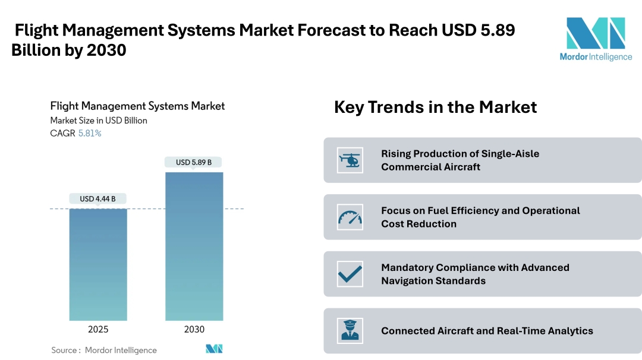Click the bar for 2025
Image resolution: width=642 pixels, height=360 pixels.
(98, 264)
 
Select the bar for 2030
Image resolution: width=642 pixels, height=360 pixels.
(194, 247)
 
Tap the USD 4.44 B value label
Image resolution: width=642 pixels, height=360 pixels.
(98, 198)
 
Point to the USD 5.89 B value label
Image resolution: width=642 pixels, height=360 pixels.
(194, 162)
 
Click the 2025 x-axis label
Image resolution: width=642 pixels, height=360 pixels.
(98, 329)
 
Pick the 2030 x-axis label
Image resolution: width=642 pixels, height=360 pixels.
(194, 329)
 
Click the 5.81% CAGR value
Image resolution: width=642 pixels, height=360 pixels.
(90, 133)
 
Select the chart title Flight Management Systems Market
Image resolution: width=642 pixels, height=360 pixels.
(137, 106)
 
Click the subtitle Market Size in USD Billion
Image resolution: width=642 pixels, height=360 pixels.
(99, 120)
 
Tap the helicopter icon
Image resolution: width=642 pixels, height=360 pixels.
(350, 160)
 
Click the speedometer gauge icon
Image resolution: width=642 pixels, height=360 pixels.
(350, 217)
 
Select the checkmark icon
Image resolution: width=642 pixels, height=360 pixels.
(350, 274)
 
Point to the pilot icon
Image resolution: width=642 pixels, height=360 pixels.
(350, 331)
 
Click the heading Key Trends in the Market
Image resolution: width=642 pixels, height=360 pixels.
(435, 107)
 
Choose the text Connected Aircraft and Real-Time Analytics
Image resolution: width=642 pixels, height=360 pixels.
(487, 331)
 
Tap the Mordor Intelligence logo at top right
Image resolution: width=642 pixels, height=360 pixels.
(596, 39)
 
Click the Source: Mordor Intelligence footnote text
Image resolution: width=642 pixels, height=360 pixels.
(104, 350)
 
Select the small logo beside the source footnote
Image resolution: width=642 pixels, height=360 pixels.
(214, 349)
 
